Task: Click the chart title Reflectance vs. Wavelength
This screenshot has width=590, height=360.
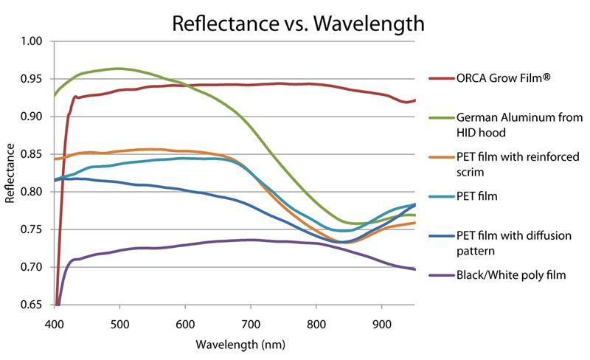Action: point(298,23)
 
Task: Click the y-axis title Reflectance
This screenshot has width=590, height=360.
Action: point(11,173)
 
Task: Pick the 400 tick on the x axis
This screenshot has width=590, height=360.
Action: point(55,322)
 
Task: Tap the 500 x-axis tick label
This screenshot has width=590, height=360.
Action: point(120,322)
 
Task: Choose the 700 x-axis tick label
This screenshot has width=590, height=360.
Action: point(251,322)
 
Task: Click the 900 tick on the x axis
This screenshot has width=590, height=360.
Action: point(382,322)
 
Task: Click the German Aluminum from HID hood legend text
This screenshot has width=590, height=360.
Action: point(520,124)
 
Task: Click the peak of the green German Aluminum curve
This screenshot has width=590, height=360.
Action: point(118,69)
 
